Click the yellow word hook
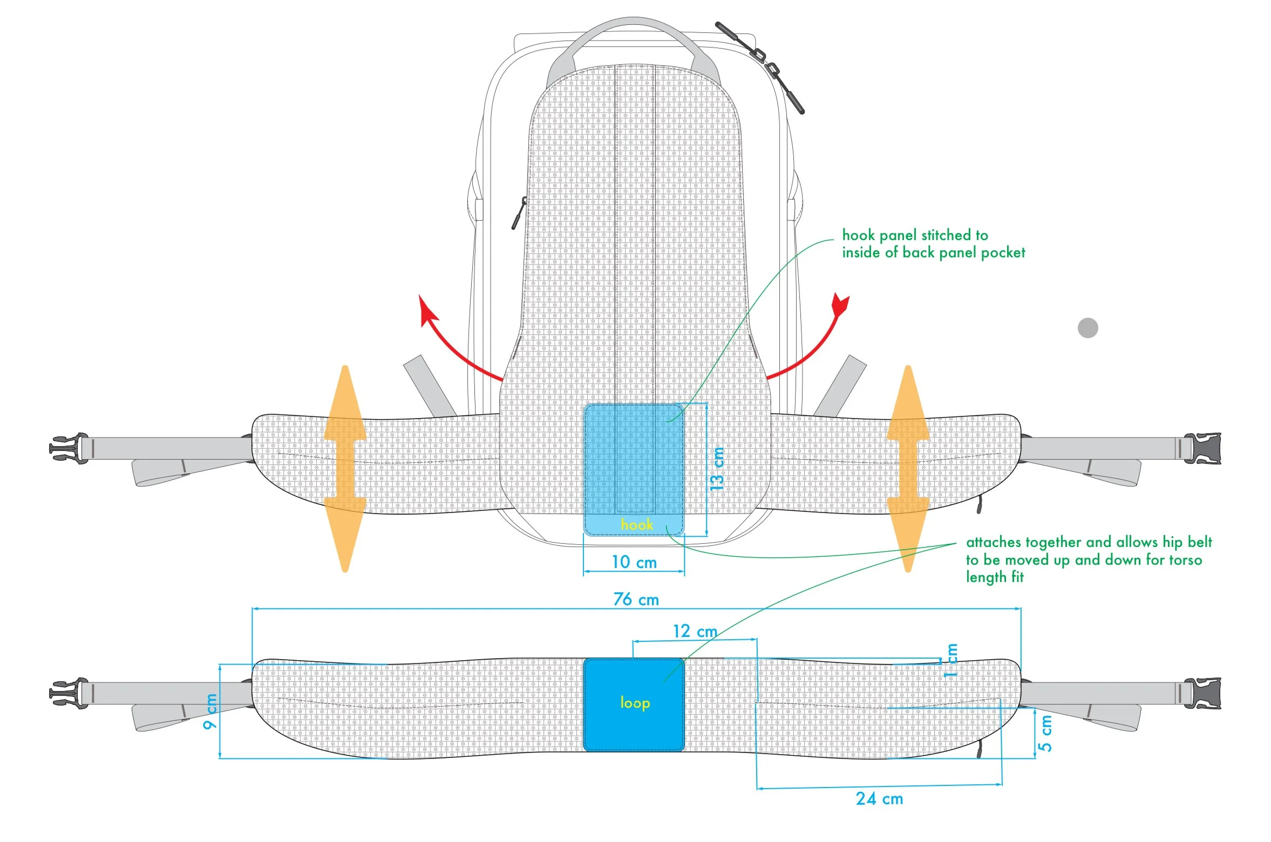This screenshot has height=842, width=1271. [x=636, y=524]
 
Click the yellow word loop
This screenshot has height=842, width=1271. [x=635, y=702]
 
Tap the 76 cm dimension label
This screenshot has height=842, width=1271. [x=636, y=599]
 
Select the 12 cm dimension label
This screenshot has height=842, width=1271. [x=695, y=631]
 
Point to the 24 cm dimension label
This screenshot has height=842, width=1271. [x=879, y=799]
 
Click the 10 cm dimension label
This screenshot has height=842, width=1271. [x=634, y=562]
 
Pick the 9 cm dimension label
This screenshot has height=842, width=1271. [x=210, y=711]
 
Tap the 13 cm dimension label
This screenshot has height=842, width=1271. [x=717, y=468]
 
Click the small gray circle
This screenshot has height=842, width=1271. [x=1088, y=328]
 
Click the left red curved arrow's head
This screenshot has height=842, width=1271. [x=429, y=311]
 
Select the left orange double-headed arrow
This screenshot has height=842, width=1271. [x=345, y=468]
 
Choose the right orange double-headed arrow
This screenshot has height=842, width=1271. [x=908, y=468]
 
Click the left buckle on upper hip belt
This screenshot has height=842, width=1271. [x=69, y=448]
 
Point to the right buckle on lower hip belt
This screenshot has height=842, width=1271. [x=1202, y=693]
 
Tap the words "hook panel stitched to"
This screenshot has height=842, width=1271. [x=915, y=235]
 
